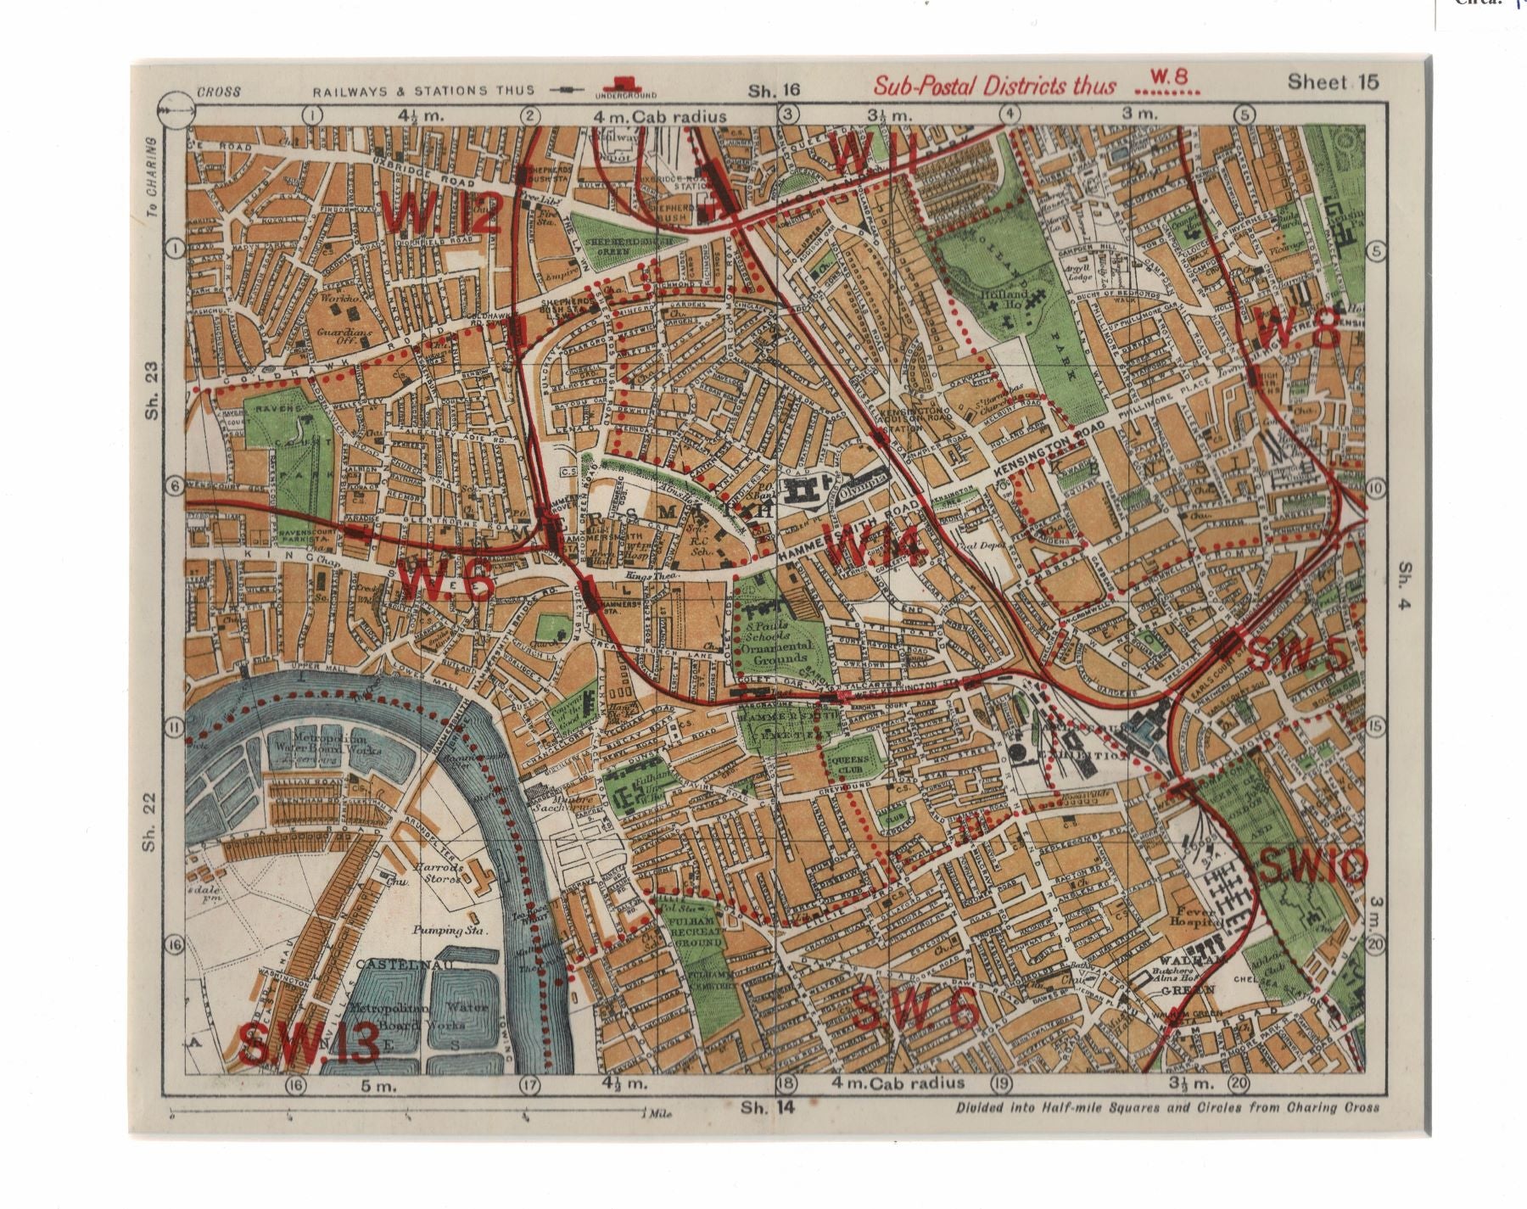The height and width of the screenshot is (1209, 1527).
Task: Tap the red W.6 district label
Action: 446,583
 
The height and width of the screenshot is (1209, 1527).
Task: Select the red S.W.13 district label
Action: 309,1044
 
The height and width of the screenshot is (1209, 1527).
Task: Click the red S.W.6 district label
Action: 916,1012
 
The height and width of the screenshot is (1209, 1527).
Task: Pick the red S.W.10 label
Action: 1314,866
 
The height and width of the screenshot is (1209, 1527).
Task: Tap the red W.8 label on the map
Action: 1299,329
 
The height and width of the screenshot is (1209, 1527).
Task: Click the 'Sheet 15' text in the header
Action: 1334,82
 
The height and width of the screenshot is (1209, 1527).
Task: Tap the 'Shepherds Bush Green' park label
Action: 629,245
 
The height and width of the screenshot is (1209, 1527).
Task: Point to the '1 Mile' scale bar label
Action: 656,1113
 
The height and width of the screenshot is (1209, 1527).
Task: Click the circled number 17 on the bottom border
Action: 530,1084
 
